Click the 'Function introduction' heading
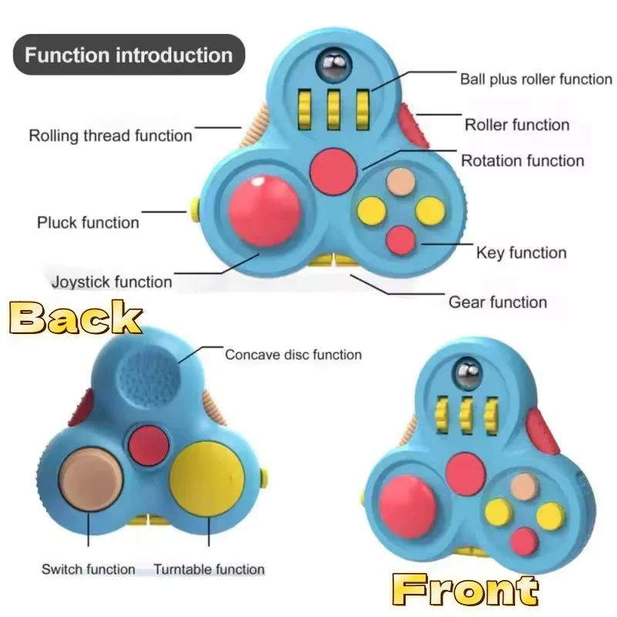(x=128, y=55)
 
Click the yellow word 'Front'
(x=464, y=592)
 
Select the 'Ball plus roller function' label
(x=535, y=79)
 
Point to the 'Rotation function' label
(x=522, y=160)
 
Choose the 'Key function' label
(x=521, y=252)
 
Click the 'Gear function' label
(x=497, y=302)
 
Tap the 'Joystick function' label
(x=112, y=282)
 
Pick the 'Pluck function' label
(x=88, y=223)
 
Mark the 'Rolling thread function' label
(x=110, y=136)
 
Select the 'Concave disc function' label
(x=293, y=355)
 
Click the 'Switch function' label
(x=88, y=570)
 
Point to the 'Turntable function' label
(x=209, y=570)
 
